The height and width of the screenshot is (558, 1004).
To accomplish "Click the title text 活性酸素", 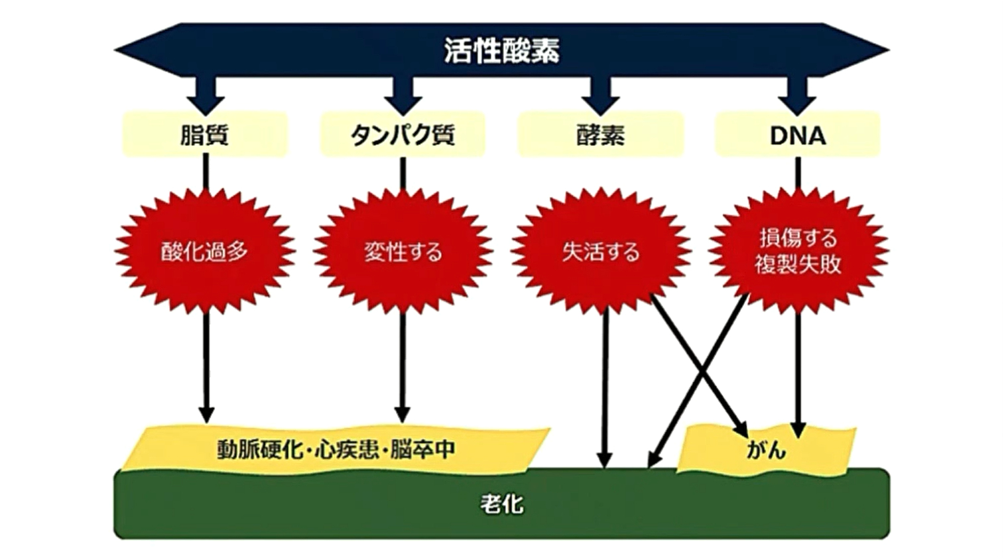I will pyautogui.click(x=501, y=50).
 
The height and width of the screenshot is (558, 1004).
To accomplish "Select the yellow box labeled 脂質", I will pyautogui.click(x=205, y=135).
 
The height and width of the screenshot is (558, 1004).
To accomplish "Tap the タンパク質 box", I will pyautogui.click(x=403, y=135).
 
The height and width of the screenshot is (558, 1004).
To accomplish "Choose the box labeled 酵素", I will pyautogui.click(x=600, y=135).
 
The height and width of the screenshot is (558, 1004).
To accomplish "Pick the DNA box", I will pyautogui.click(x=797, y=135).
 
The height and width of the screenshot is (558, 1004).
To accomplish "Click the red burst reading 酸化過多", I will pyautogui.click(x=205, y=251).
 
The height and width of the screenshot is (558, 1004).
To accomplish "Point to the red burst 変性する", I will pyautogui.click(x=403, y=251).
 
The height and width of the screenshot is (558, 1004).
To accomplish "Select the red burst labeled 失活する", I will pyautogui.click(x=600, y=251).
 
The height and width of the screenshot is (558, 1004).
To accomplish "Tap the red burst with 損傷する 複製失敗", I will pyautogui.click(x=798, y=251).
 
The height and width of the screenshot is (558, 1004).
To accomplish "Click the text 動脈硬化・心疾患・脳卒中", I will pyautogui.click(x=336, y=449).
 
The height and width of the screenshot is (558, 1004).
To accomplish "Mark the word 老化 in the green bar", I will pyautogui.click(x=501, y=504).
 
